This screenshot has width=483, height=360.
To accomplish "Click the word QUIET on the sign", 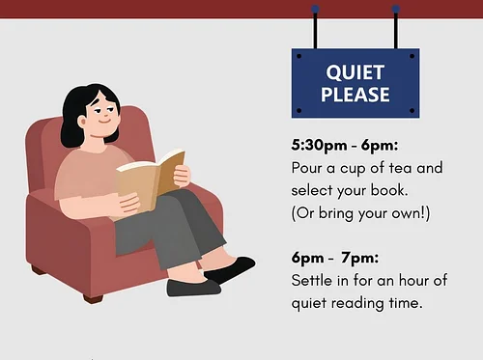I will [x=355, y=72].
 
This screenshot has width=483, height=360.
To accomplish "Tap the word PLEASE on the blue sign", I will [x=355, y=95].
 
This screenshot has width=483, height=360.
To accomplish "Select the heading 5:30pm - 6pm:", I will [x=338, y=147].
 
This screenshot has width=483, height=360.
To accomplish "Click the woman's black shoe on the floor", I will [x=193, y=288].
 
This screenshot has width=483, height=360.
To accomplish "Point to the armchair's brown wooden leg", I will [x=93, y=297].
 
